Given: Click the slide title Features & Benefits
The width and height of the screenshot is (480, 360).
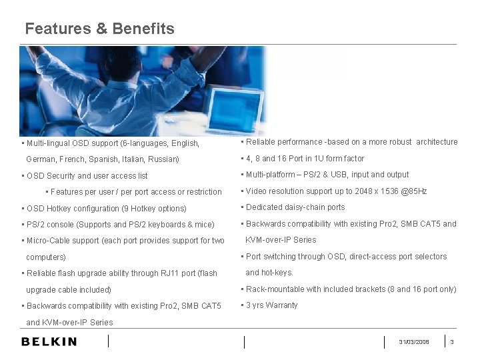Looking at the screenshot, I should (x=99, y=29).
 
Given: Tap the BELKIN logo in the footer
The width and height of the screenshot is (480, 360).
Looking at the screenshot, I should (x=49, y=342).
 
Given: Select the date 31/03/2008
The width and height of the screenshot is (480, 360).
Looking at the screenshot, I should (x=414, y=342).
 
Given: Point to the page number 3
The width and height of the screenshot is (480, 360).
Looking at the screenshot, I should (x=452, y=342).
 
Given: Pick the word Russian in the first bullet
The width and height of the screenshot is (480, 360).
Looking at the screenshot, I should (x=163, y=159).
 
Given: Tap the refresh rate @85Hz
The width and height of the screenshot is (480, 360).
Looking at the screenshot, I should (x=413, y=191).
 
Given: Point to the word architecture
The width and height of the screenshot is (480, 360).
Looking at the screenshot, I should (x=437, y=142).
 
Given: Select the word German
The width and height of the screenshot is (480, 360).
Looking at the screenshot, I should (x=41, y=159).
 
